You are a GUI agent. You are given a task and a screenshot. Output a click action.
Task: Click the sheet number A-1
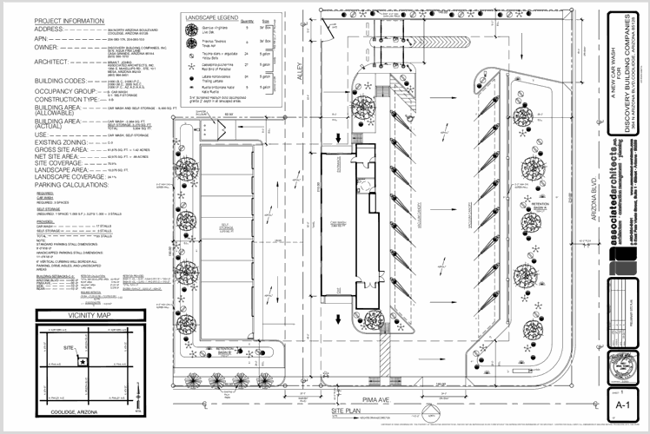[x=620, y=404]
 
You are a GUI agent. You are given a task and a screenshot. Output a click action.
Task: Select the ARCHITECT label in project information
[x=27, y=61]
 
